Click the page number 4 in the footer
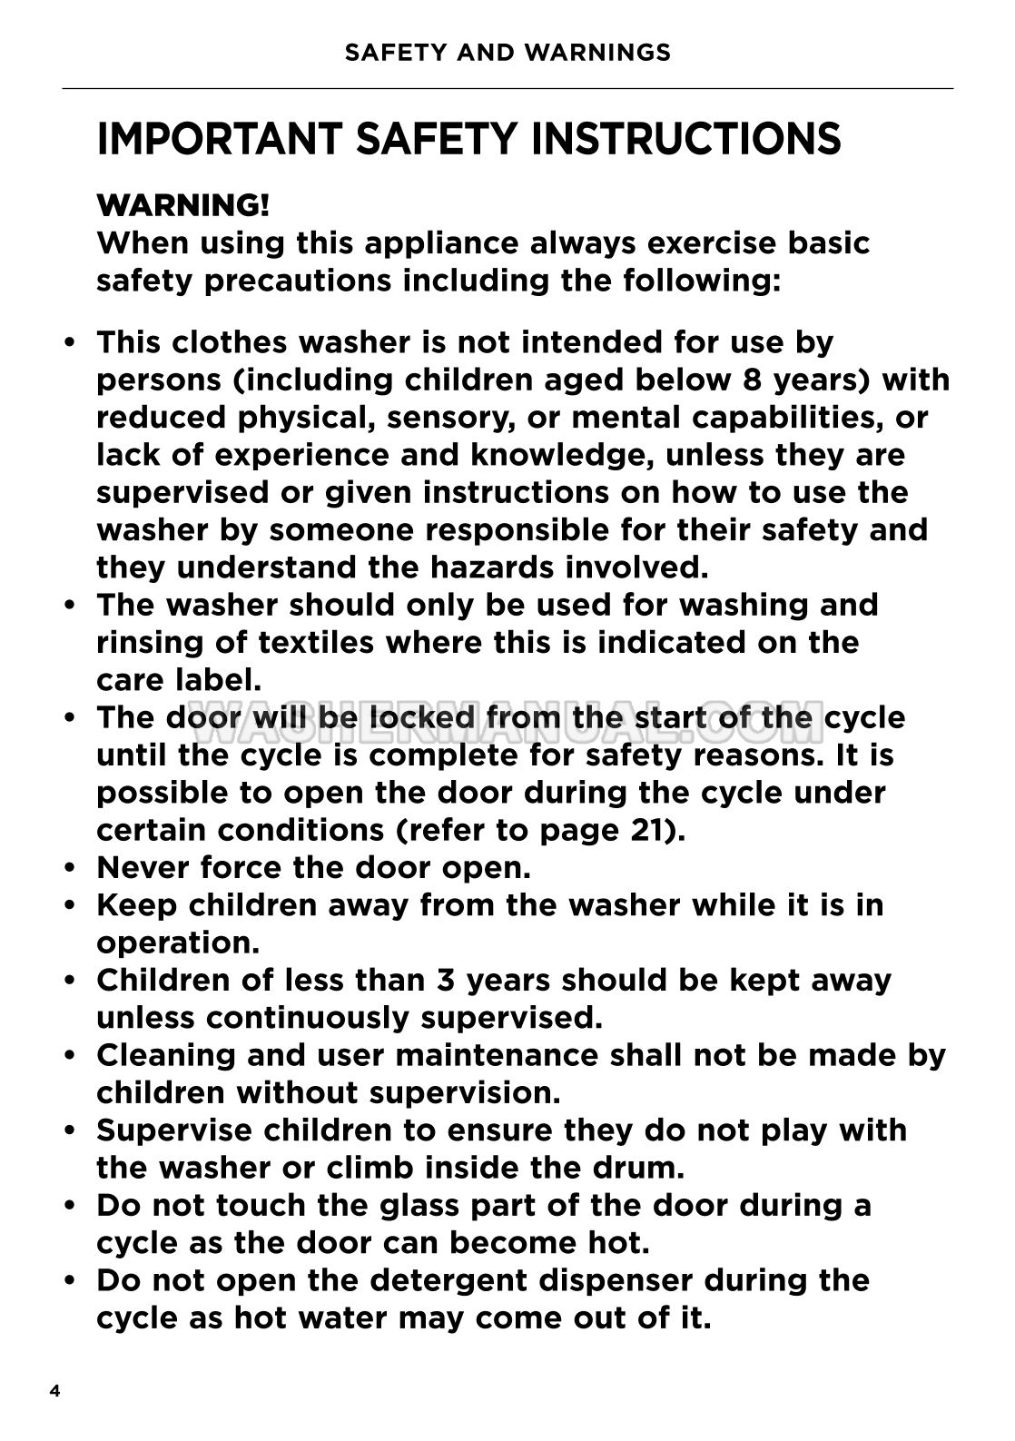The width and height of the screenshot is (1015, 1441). [x=55, y=1391]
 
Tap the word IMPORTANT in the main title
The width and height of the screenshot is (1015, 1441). [x=219, y=139]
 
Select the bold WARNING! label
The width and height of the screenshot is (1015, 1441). [x=182, y=205]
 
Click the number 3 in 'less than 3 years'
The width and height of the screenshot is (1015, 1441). [x=445, y=981]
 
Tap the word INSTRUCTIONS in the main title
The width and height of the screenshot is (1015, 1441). [x=685, y=139]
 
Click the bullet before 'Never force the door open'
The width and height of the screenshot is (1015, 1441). [x=70, y=868]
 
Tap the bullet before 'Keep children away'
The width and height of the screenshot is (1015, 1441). [x=70, y=906]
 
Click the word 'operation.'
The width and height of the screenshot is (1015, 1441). [x=178, y=943]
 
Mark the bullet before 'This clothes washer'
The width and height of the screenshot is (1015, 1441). [x=70, y=343]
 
